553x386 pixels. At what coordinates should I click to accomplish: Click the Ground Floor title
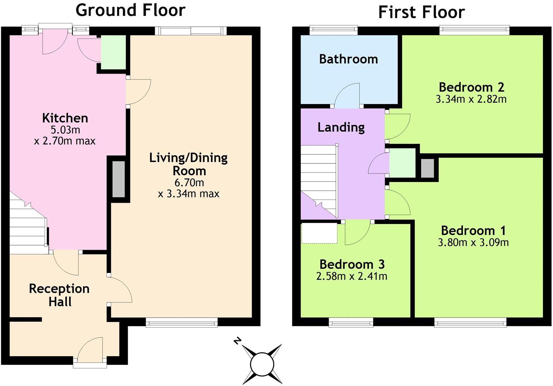[x=130, y=10]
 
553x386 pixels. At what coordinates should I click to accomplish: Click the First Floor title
[x=421, y=12]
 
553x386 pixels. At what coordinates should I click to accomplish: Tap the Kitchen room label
[x=65, y=118]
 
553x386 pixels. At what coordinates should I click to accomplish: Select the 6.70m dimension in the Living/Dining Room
[x=189, y=183]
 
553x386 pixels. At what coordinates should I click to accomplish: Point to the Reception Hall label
[x=59, y=295]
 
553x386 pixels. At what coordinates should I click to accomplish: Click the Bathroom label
[x=348, y=59]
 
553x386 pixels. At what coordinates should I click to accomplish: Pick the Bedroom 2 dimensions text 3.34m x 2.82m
[x=471, y=99]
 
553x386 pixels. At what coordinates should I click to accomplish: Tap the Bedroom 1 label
[x=473, y=230]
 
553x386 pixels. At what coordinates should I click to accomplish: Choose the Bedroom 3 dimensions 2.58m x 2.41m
[x=351, y=276]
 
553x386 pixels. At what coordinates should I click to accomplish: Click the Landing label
[x=341, y=127]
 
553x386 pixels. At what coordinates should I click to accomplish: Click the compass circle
[x=262, y=364]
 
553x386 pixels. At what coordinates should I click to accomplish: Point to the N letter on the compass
[x=237, y=340]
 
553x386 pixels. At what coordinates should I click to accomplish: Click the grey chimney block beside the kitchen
[x=118, y=179]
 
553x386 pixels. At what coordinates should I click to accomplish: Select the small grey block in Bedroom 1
[x=427, y=168]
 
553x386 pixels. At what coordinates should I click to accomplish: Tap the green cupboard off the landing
[x=403, y=163]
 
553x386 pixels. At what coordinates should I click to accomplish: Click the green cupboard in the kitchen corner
[x=113, y=53]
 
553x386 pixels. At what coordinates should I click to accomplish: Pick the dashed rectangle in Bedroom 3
[x=319, y=233]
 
